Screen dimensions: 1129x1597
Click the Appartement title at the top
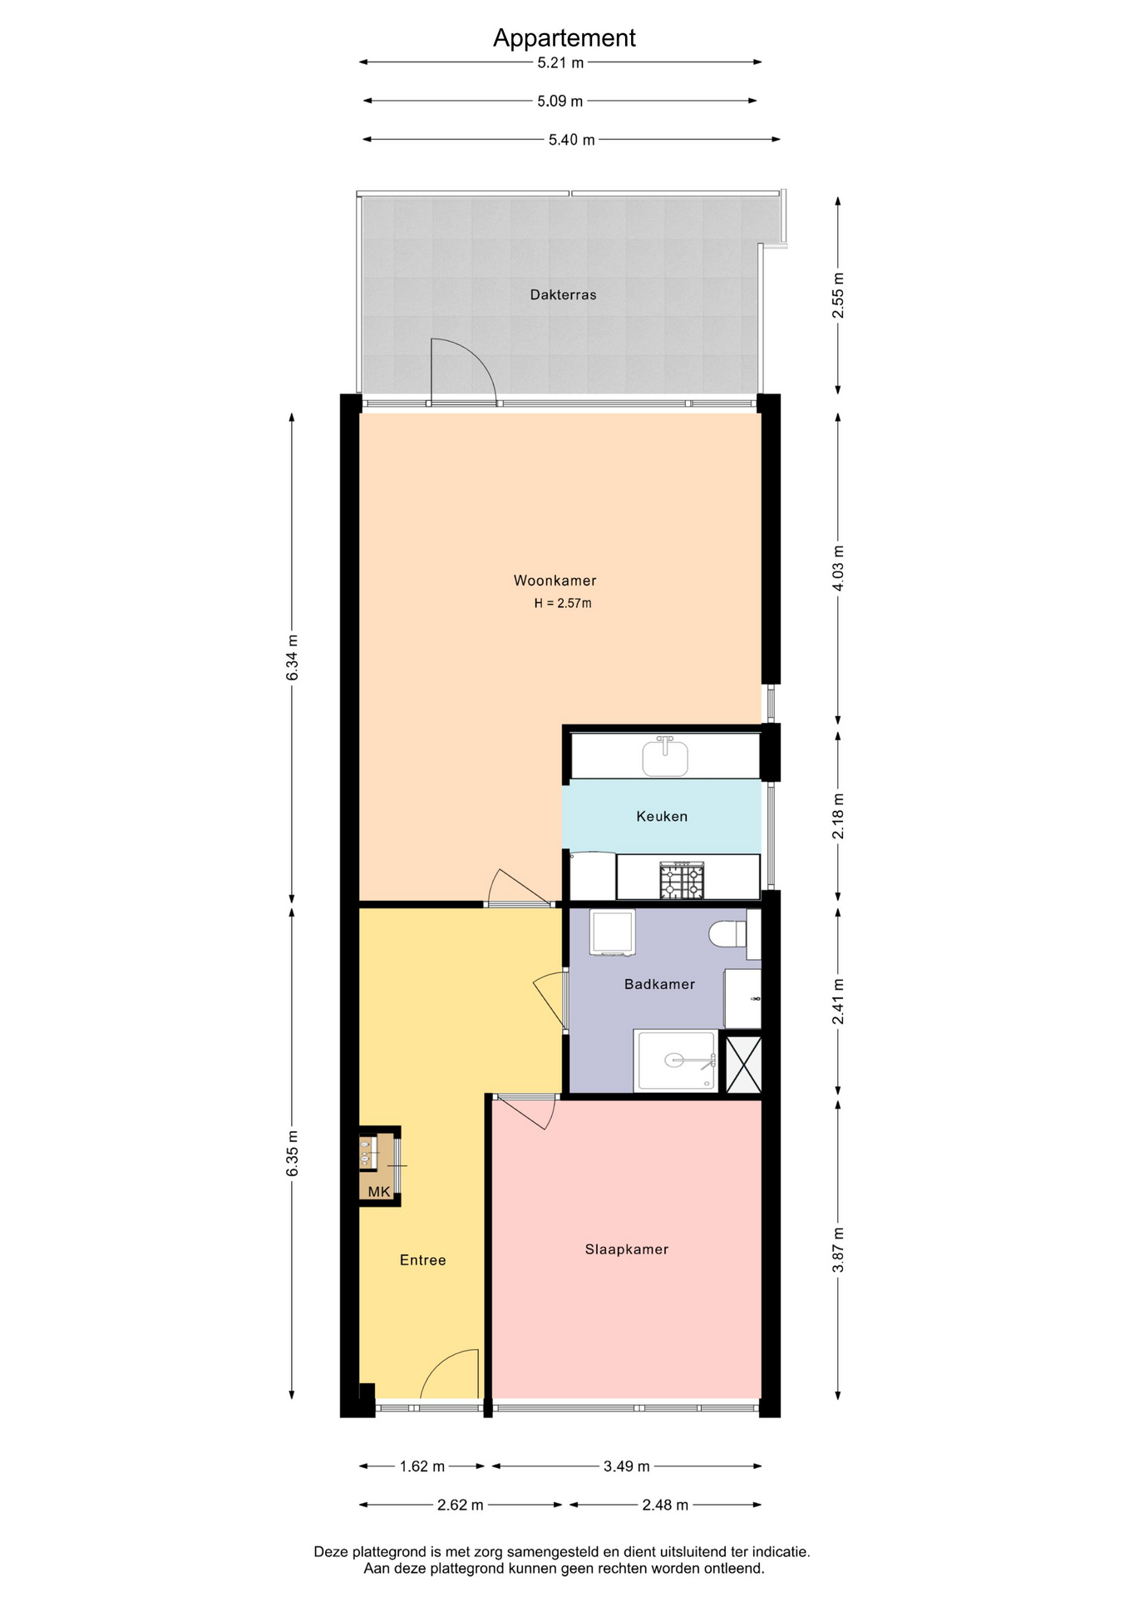[x=564, y=38]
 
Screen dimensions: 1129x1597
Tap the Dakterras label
[x=563, y=294]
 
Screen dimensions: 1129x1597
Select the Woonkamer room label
[x=555, y=581]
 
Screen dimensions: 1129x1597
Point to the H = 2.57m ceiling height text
[x=563, y=603]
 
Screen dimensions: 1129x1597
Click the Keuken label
[x=662, y=816]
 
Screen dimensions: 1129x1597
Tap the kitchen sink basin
[x=665, y=757]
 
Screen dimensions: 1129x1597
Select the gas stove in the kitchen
[x=682, y=880]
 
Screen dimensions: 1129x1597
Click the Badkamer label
[x=659, y=984]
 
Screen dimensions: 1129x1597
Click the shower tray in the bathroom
[x=675, y=1061]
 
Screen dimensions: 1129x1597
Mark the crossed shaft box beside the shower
[x=744, y=1062]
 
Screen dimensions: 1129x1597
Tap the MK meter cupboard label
[x=379, y=1192]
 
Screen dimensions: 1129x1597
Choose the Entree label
[x=423, y=1260]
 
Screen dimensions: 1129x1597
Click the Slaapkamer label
[x=627, y=1249]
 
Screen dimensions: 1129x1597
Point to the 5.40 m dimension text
[x=571, y=140]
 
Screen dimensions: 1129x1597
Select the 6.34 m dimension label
[x=292, y=657]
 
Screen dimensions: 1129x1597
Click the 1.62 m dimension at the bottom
[x=422, y=1466]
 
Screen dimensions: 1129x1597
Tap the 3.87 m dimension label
[x=838, y=1249]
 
